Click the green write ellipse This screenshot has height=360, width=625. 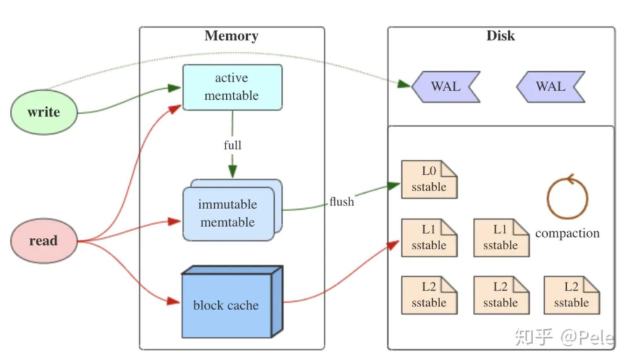click(x=44, y=112)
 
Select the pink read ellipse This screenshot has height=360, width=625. click(x=44, y=241)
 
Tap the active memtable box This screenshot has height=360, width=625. click(x=232, y=88)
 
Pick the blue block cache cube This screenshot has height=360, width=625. click(x=232, y=302)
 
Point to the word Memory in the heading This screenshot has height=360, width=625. click(x=232, y=36)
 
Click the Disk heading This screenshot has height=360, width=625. click(x=500, y=36)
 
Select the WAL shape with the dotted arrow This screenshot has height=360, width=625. click(x=446, y=87)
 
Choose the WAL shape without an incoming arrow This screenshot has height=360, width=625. click(x=550, y=87)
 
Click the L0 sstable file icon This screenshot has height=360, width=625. click(x=429, y=179)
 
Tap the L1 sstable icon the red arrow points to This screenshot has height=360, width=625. click(x=429, y=238)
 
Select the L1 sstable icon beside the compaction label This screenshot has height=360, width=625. click(x=501, y=238)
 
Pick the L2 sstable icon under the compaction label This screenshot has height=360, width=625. click(x=571, y=296)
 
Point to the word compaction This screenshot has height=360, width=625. click(x=567, y=234)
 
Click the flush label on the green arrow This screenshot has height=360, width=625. click(x=342, y=202)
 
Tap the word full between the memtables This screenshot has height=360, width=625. click(x=232, y=145)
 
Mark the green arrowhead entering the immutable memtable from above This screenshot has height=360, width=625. click(x=232, y=171)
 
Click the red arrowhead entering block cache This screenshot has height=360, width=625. click(x=173, y=301)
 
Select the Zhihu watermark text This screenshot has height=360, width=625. click(x=564, y=337)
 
